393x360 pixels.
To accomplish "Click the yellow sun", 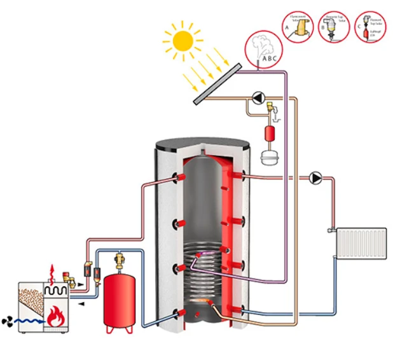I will [x=184, y=40].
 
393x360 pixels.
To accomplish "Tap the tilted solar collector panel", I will [x=217, y=84].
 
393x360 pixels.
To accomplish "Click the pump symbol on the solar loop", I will [x=258, y=97].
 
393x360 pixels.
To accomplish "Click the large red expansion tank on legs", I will [x=120, y=298].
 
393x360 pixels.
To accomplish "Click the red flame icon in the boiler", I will [x=57, y=314].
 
